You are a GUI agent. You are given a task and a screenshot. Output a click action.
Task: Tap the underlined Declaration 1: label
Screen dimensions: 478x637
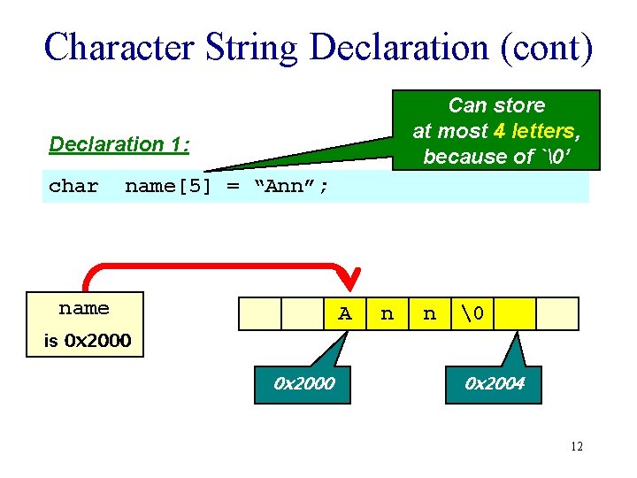[119, 144]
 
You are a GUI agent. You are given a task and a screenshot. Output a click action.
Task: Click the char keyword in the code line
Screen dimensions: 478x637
[73, 186]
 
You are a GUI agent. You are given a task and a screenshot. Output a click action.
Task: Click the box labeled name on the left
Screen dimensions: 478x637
[84, 309]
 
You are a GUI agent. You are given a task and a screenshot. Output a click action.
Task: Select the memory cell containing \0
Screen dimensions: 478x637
[473, 313]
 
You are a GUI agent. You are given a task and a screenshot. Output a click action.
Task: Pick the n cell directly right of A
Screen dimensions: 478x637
[387, 313]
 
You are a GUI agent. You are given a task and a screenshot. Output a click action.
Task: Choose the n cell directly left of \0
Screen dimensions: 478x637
[429, 313]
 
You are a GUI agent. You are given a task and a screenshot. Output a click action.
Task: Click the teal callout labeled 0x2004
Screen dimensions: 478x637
[495, 383]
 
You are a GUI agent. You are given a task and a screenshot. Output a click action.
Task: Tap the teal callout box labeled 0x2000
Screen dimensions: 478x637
[304, 383]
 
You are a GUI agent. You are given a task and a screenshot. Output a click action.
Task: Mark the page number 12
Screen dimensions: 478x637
[576, 446]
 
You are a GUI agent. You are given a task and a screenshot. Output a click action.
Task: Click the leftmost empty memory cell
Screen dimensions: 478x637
[260, 313]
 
